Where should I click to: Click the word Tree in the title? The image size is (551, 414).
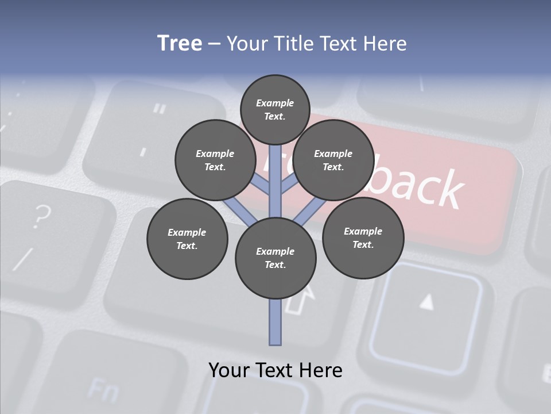(180, 43)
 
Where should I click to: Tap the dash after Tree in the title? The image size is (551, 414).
(214, 44)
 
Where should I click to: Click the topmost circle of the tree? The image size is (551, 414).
(275, 109)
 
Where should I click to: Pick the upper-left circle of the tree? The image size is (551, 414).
(215, 160)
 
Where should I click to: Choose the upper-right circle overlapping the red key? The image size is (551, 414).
(333, 160)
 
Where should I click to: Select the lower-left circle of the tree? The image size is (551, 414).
(187, 239)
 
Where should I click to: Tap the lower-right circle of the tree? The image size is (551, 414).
(363, 237)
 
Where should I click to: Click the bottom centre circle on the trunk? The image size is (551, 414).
(275, 258)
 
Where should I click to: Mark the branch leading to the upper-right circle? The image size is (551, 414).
(289, 185)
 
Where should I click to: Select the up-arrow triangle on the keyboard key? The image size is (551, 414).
(426, 301)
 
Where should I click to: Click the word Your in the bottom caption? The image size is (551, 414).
(229, 370)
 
